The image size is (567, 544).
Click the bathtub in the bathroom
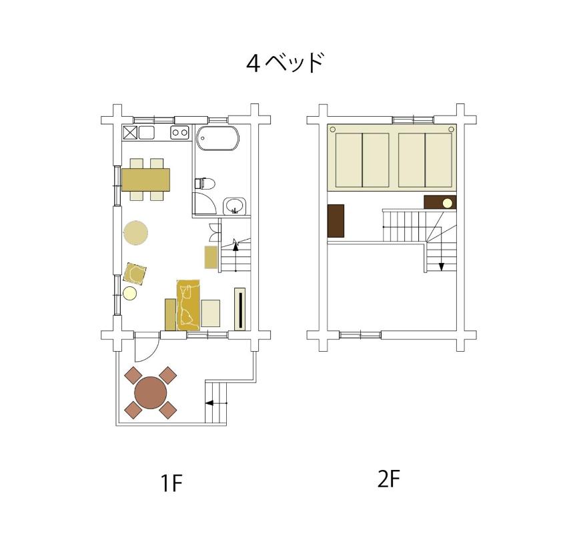[217, 138]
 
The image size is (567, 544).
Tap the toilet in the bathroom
[205, 184]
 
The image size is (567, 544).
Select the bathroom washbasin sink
[234, 206]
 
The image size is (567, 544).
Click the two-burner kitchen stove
[179, 132]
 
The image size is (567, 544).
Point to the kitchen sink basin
[147, 132]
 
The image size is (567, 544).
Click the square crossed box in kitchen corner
[130, 132]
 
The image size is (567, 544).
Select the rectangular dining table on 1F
[145, 180]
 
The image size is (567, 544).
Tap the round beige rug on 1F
[135, 233]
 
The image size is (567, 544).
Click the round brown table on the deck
[151, 392]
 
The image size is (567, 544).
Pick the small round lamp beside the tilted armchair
[129, 293]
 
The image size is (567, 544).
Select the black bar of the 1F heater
[240, 309]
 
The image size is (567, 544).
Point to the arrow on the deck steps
[216, 403]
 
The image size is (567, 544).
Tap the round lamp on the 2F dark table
[448, 204]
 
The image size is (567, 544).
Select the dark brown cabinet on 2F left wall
[336, 221]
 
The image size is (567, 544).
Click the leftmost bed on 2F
[349, 160]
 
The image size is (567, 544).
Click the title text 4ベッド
[285, 63]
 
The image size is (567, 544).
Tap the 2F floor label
[389, 479]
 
